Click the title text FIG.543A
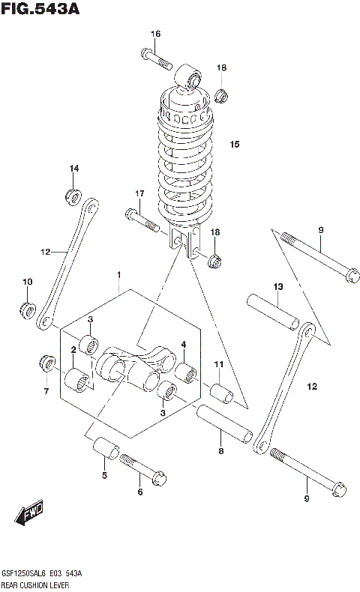tap(40, 10)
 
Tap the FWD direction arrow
tap(30, 515)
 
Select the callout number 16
tap(155, 34)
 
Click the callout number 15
tap(234, 144)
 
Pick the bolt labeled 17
tap(140, 220)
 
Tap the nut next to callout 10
tap(28, 309)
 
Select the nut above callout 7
tap(46, 365)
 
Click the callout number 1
tap(118, 275)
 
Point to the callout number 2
tap(73, 350)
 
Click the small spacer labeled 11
tap(221, 393)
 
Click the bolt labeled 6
tap(142, 471)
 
